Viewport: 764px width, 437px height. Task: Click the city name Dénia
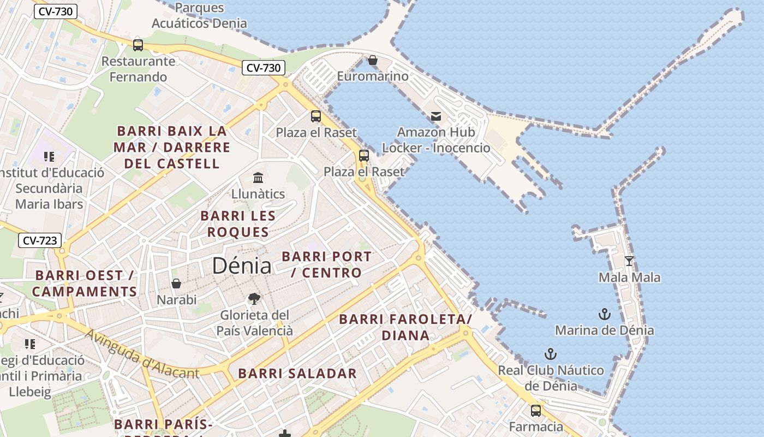point(241,266)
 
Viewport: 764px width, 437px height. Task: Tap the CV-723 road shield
point(40,240)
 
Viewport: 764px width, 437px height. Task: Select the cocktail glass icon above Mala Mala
point(629,261)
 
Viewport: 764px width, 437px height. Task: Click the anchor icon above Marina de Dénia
point(604,314)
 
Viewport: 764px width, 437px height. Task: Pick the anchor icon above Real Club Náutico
point(551,354)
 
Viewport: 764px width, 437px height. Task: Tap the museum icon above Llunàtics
point(258,178)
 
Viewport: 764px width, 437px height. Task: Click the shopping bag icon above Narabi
point(176,284)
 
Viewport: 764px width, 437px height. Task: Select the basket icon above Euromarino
point(373,60)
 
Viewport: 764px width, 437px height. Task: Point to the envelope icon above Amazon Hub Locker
point(435,116)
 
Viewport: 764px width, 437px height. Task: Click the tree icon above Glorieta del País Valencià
point(254,298)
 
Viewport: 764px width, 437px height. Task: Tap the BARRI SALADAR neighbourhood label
point(297,374)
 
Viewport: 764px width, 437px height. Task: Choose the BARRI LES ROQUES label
point(237,224)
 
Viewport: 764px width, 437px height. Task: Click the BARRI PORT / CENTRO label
point(327,264)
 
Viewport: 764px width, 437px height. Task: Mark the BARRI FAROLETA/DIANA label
point(405,327)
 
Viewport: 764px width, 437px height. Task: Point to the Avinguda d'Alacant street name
point(142,354)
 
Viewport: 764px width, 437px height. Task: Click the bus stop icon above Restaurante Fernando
point(138,45)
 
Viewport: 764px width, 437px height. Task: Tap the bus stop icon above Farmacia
point(536,410)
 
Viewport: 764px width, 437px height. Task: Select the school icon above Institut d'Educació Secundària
point(49,157)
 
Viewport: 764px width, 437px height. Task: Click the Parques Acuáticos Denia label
point(199,16)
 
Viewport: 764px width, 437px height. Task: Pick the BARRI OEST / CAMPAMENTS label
point(85,284)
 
